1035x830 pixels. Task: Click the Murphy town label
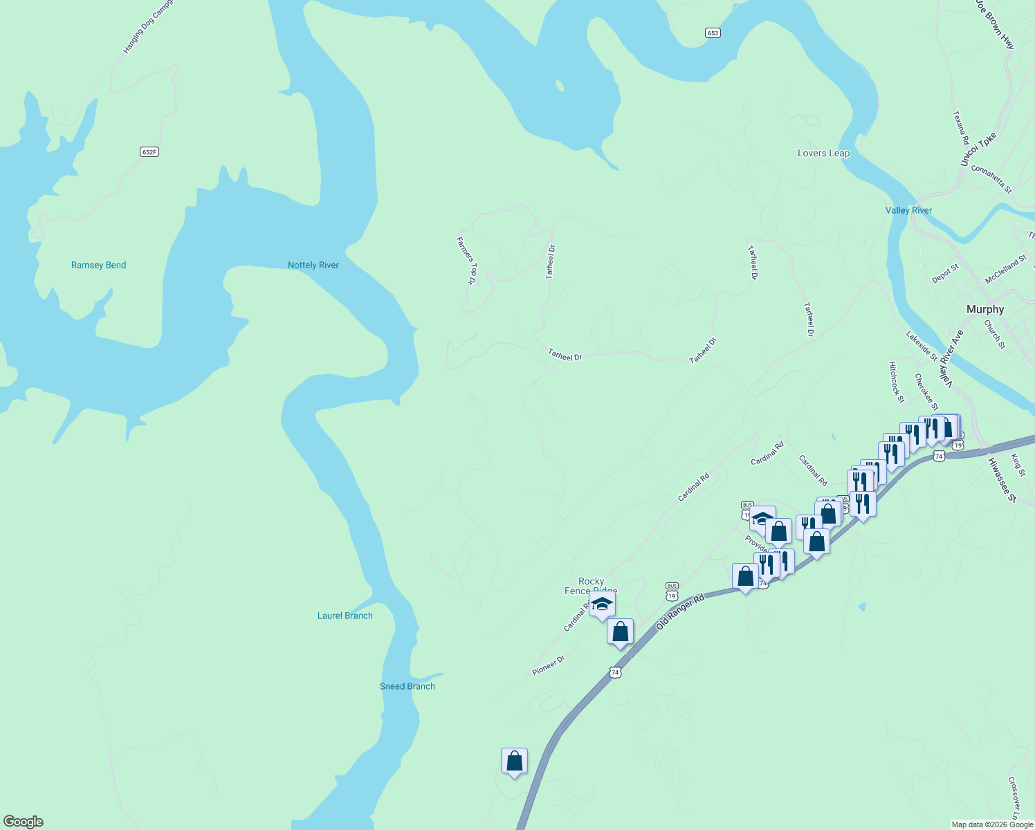984,309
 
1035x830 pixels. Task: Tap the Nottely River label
313,265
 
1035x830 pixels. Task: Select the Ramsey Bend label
98,265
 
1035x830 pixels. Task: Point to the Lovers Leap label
823,153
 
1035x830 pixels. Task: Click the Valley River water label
908,210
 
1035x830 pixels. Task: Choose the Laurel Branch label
345,616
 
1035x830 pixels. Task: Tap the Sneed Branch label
407,686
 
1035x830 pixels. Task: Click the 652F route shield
149,151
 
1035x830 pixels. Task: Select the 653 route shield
713,33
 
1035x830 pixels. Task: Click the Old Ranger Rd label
680,610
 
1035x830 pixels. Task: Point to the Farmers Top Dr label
467,261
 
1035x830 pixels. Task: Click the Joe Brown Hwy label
995,24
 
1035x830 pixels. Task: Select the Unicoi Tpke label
978,149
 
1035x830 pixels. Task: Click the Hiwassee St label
1001,479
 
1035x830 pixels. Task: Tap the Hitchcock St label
897,382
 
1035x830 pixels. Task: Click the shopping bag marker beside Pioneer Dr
620,632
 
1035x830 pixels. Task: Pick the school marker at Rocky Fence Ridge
602,604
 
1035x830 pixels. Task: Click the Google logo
23,822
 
